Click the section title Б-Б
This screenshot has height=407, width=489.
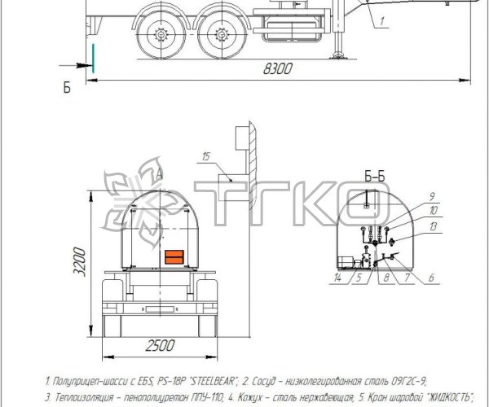[376, 174]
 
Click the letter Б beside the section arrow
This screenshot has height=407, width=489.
[68, 87]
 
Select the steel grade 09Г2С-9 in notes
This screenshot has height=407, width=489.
[399, 380]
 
